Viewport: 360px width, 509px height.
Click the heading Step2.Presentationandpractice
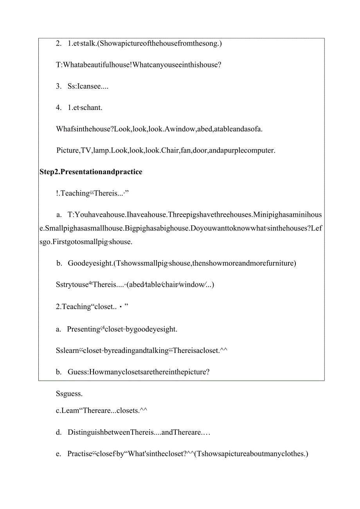click(x=91, y=172)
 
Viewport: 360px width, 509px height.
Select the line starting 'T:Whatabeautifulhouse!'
click(x=139, y=65)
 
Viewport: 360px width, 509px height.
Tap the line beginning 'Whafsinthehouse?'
click(x=159, y=129)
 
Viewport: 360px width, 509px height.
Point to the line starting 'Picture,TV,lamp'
click(x=166, y=150)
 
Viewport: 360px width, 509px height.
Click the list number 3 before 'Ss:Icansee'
click(x=59, y=86)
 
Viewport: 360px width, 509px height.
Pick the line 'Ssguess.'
click(x=69, y=394)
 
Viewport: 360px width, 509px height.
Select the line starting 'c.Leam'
click(x=101, y=410)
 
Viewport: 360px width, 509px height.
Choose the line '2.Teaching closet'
click(x=92, y=307)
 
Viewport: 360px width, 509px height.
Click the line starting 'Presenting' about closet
click(x=122, y=329)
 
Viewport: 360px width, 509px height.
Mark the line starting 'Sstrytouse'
click(x=135, y=284)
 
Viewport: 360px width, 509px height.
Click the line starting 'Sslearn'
click(x=142, y=351)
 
